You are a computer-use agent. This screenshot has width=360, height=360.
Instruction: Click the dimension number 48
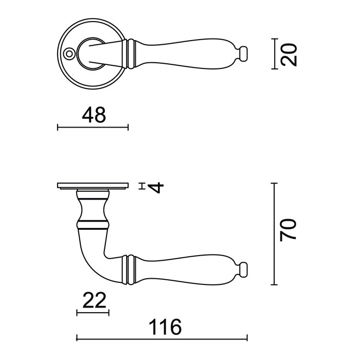coord(94,116)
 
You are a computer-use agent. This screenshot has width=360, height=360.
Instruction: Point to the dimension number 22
coord(93,299)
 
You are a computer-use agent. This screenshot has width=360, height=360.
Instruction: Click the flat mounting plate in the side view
coord(93,186)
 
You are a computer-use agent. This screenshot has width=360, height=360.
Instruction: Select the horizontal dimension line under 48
coord(93,127)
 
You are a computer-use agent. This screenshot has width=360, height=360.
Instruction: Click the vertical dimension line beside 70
coord(276,234)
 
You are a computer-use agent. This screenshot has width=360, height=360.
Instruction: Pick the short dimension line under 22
coord(93,312)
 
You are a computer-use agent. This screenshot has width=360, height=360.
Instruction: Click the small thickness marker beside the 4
coord(142,186)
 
